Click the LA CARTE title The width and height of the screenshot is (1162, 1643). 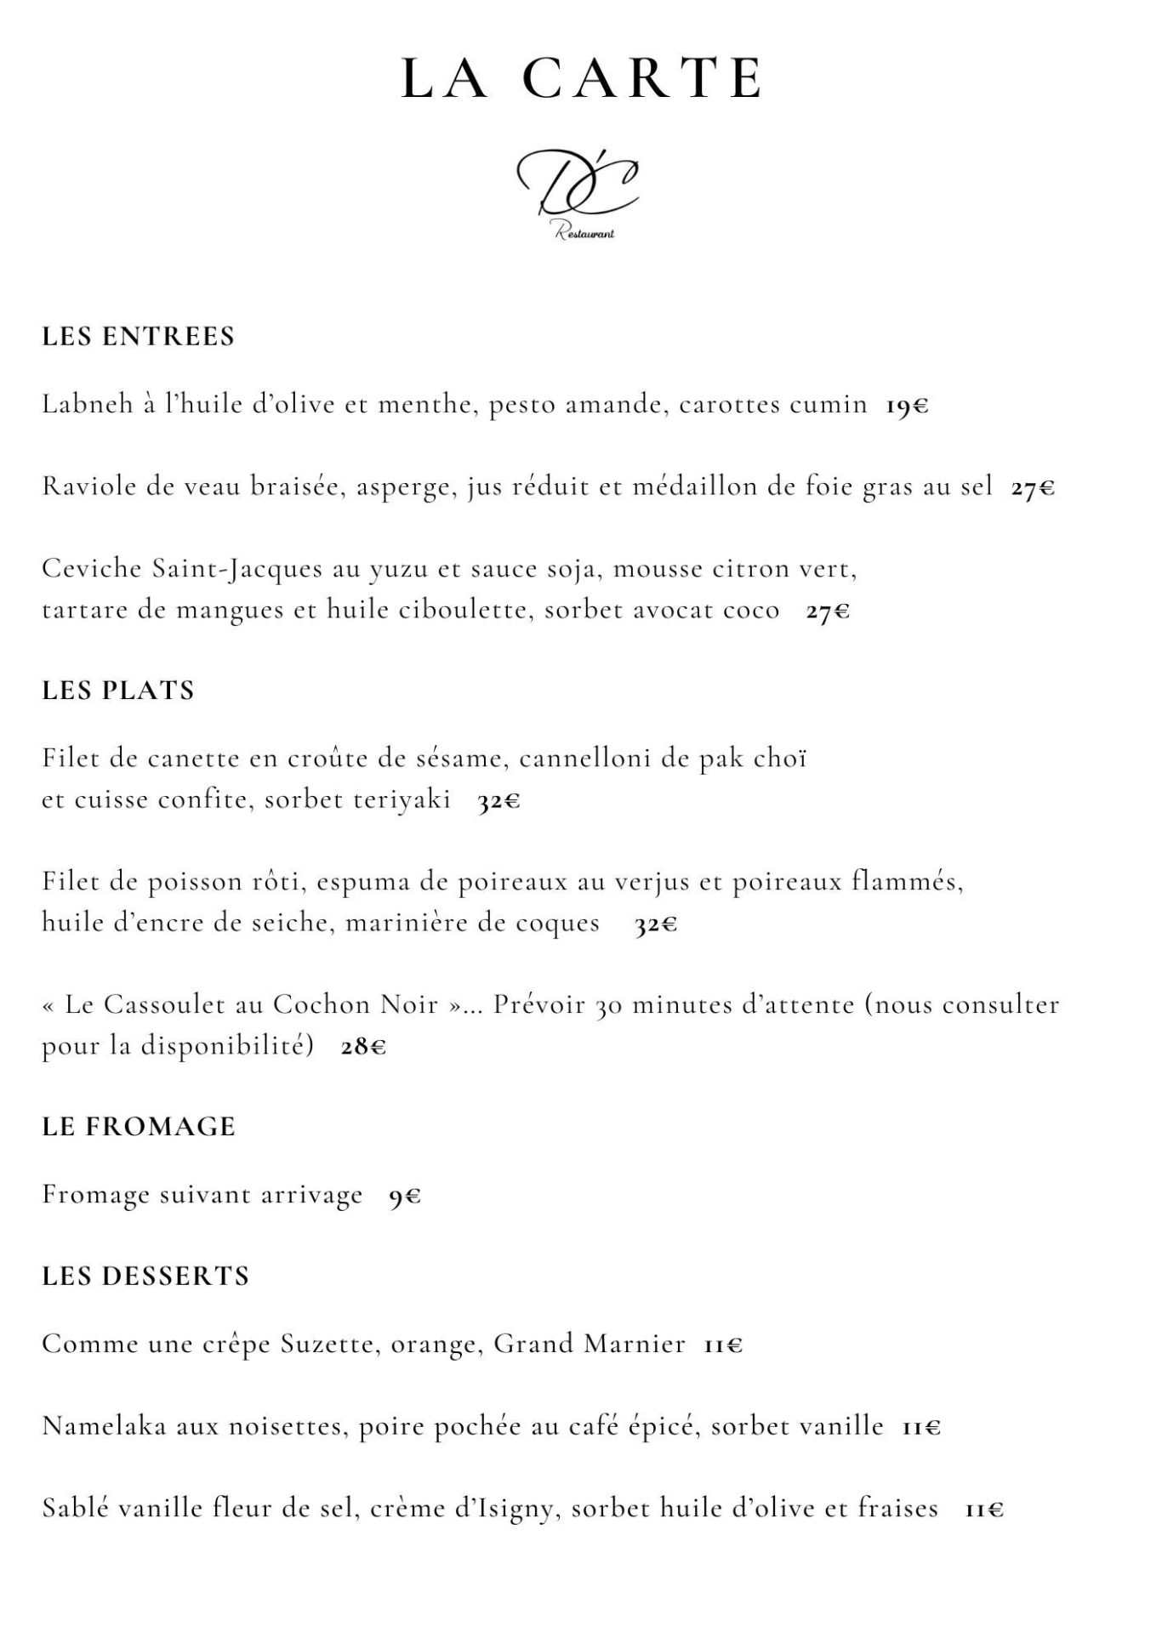(581, 78)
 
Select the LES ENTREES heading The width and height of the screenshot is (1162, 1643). (138, 337)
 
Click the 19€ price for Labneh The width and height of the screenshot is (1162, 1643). (907, 406)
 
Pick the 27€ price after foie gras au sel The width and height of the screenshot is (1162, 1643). (1033, 488)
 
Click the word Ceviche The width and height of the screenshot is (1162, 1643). (91, 568)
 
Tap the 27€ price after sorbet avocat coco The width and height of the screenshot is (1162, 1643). (828, 612)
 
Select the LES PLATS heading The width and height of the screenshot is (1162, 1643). (118, 690)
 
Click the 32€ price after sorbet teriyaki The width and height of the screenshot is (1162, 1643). (498, 801)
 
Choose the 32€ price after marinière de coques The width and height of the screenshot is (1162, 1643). (656, 924)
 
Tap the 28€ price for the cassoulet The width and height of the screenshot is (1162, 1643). (363, 1047)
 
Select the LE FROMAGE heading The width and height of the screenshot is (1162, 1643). (139, 1127)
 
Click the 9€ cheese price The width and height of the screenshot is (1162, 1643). (405, 1197)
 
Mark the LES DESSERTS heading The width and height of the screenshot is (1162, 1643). (145, 1276)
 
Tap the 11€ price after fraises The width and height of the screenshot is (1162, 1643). (984, 1509)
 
